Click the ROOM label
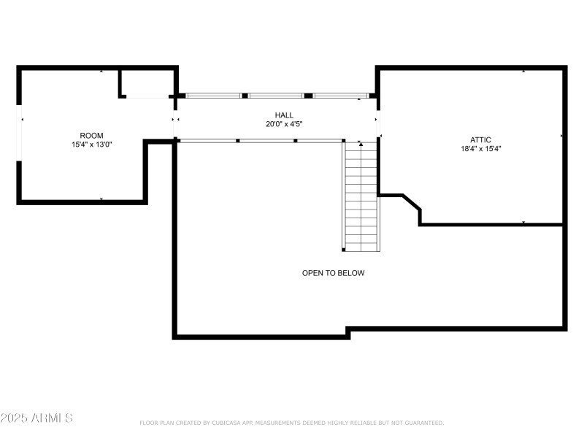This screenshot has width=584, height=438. [x=92, y=136]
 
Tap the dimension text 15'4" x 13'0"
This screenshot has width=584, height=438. [x=92, y=145]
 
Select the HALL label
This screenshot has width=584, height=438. [x=284, y=115]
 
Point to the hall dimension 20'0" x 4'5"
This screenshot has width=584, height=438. [x=284, y=124]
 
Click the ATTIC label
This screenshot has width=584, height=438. [x=480, y=140]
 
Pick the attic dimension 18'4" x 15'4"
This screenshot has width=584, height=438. [x=481, y=149]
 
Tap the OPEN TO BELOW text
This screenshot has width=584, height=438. [x=334, y=273]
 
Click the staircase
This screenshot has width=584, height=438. [x=361, y=196]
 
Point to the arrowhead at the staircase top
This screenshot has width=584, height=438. [x=361, y=144]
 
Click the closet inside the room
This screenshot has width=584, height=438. [x=147, y=84]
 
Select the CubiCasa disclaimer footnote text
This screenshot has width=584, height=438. [x=291, y=423]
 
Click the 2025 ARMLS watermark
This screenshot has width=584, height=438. [x=36, y=418]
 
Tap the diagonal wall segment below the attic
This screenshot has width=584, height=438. [x=412, y=202]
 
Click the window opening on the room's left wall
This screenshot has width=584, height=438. [x=19, y=133]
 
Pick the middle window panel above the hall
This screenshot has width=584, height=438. [x=276, y=96]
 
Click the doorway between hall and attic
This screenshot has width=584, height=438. [x=378, y=124]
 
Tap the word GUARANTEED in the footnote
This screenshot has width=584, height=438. [x=424, y=423]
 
